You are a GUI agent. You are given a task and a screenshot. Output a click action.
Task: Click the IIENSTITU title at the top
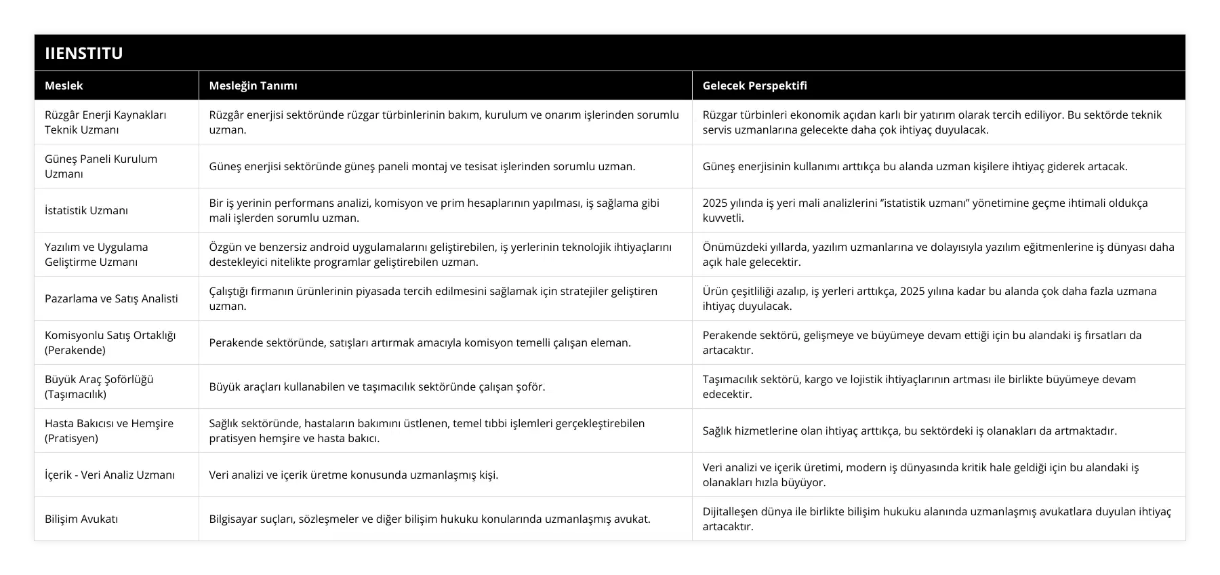[83, 53]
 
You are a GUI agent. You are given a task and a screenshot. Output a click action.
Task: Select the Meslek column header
[64, 85]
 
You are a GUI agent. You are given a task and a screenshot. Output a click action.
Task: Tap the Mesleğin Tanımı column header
[253, 85]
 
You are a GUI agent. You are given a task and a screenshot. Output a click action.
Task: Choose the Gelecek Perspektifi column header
[754, 85]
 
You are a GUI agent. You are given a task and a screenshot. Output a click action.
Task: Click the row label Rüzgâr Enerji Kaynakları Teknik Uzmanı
[105, 122]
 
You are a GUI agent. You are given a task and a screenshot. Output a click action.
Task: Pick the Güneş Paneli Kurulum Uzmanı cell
[101, 166]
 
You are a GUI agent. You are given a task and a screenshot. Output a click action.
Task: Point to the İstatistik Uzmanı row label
[86, 210]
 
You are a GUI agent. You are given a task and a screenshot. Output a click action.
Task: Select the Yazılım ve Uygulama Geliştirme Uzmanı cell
[96, 254]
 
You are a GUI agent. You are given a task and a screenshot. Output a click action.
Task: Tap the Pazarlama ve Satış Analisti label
[111, 298]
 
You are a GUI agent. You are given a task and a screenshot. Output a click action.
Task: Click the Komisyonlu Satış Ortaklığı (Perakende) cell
[110, 342]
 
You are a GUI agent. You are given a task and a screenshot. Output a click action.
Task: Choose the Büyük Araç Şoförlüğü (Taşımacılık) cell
[99, 386]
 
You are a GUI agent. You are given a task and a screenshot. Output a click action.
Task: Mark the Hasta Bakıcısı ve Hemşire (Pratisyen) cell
[109, 431]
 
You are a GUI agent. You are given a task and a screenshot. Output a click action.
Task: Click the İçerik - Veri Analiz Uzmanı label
[109, 475]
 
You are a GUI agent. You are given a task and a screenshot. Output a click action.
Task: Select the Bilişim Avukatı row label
[81, 519]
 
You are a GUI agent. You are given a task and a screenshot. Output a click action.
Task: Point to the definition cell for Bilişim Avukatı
[429, 519]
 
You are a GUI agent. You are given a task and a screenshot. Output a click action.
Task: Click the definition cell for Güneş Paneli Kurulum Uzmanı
[422, 166]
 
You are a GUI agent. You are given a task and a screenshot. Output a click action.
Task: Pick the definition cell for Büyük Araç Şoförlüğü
[377, 386]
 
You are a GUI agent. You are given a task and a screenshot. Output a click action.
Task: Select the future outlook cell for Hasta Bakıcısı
[910, 431]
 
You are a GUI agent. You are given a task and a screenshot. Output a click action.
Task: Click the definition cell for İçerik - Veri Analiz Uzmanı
[353, 475]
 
